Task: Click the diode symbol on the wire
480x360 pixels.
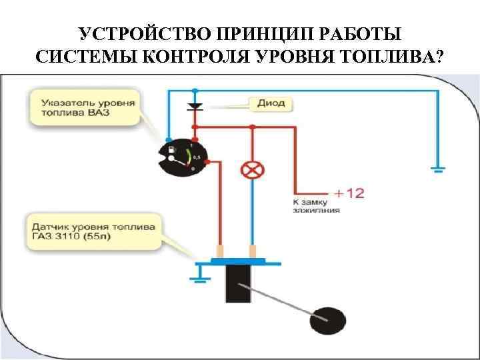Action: [x=194, y=106]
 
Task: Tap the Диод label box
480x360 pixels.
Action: [x=271, y=103]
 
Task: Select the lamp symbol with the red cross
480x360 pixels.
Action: [x=251, y=170]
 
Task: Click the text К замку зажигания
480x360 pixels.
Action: [x=316, y=205]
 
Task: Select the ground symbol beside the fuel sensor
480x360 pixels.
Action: [x=197, y=271]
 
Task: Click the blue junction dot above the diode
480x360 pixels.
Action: [x=194, y=90]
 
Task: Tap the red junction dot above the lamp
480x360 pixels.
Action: [x=251, y=126]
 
